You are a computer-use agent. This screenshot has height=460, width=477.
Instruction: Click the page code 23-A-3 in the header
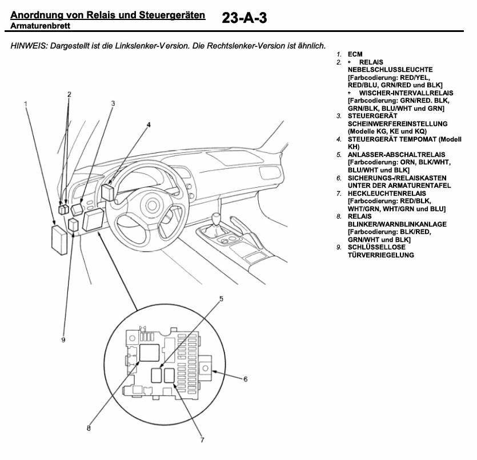[x=244, y=18]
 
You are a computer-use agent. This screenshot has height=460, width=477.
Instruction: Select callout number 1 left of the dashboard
[x=26, y=103]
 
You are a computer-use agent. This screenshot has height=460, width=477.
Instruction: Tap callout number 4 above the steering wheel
[x=148, y=124]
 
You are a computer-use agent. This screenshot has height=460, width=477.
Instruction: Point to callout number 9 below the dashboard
[x=63, y=340]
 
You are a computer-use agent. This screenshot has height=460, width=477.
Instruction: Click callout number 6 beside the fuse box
[x=245, y=378]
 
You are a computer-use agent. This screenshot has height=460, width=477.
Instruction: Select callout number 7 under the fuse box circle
[x=202, y=439]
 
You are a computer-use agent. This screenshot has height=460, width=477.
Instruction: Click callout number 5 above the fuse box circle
[x=221, y=298]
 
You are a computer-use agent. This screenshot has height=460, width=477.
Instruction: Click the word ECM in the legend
[x=355, y=54]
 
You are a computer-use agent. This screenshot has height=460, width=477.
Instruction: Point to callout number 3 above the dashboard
[x=113, y=103]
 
